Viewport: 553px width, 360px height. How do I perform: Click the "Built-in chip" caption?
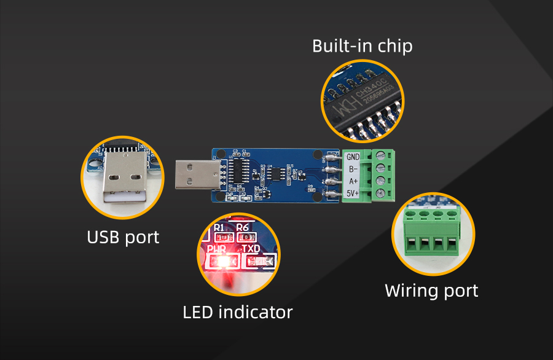(x=362, y=46)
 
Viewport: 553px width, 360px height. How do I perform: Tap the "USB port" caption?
(x=123, y=237)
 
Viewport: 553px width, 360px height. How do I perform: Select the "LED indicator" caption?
(x=237, y=312)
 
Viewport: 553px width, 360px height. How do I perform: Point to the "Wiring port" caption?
(x=431, y=290)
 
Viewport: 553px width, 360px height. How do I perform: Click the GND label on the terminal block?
(x=353, y=157)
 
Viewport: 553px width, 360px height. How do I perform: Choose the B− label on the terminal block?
(x=353, y=169)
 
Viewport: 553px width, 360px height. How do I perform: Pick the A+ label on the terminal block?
(x=353, y=182)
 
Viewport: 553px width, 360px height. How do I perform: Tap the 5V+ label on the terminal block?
(x=353, y=195)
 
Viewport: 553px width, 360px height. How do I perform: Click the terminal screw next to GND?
(x=380, y=155)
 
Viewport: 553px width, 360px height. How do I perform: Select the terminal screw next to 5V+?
(x=380, y=194)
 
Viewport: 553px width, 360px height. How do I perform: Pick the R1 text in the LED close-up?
(x=219, y=227)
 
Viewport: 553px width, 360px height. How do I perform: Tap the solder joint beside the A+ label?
(x=332, y=182)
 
